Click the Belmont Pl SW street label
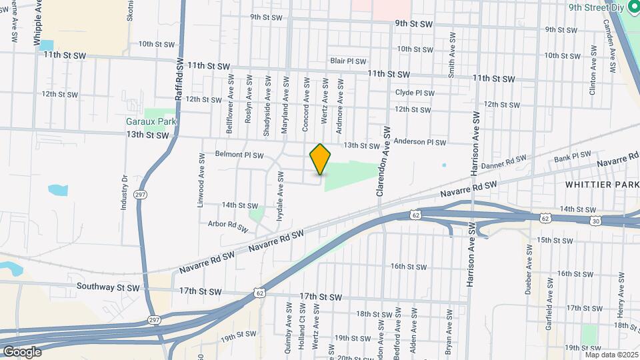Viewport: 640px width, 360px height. (239, 155)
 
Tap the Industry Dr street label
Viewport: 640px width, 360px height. (124, 193)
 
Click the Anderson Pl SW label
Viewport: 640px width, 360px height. (419, 142)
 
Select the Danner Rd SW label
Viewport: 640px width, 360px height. (503, 162)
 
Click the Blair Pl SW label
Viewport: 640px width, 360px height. (347, 61)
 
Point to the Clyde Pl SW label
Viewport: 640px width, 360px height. (415, 93)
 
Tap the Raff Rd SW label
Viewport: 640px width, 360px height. (179, 80)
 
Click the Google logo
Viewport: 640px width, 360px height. (22, 351)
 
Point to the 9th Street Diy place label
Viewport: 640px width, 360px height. (598, 7)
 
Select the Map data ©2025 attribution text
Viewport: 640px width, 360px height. (611, 355)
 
